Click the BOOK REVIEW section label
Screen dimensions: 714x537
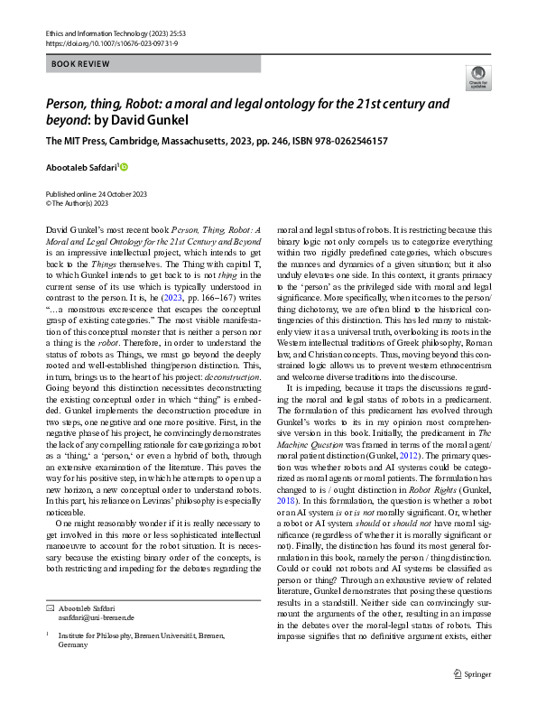[x=81, y=64]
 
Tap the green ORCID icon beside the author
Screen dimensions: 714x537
[x=125, y=166]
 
